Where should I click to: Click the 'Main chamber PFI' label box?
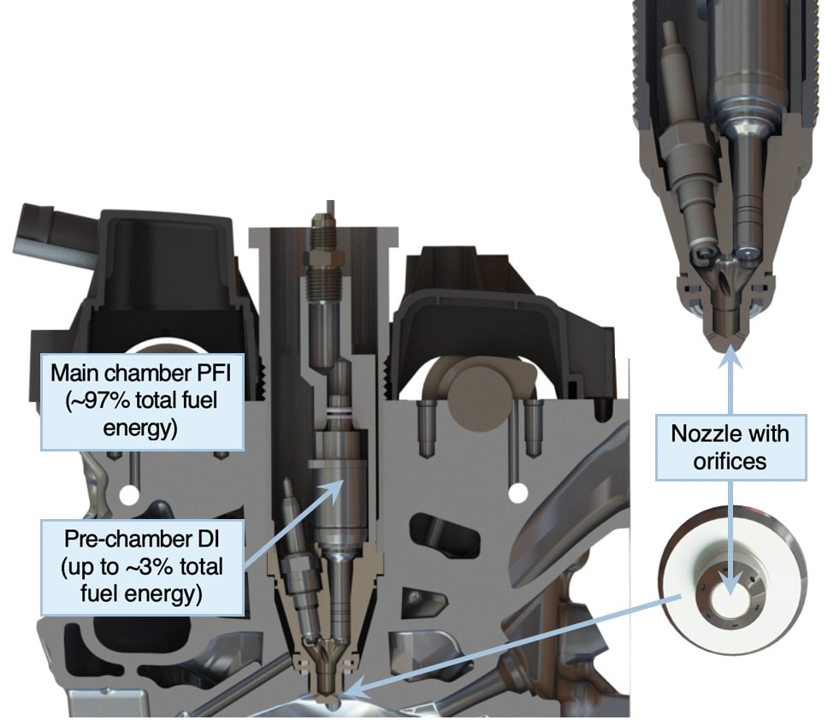point(143,402)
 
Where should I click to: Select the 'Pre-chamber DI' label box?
point(143,568)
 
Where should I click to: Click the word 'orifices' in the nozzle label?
point(730,461)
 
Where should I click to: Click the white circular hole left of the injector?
point(128,496)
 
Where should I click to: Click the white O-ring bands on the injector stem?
point(340,412)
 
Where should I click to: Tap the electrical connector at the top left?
point(49,234)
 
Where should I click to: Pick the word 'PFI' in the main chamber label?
point(214,374)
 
